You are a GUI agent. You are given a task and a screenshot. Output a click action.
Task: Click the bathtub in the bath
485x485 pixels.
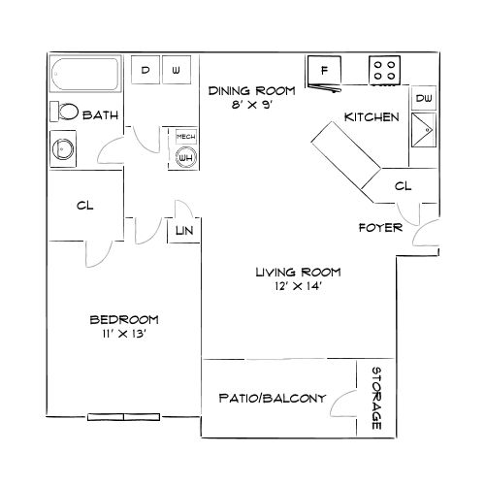pos(84,75)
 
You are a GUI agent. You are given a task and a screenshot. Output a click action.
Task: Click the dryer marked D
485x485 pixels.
pos(146,71)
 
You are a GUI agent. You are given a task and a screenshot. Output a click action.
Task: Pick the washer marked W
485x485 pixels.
pos(177,71)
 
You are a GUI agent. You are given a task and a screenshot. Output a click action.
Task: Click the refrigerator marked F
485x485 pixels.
pos(324,71)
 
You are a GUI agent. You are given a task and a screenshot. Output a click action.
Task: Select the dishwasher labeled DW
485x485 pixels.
pos(424,99)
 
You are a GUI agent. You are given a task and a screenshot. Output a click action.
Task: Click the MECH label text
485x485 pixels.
pos(184,137)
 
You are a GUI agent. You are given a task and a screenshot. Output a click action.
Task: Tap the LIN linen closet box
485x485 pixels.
pos(182,231)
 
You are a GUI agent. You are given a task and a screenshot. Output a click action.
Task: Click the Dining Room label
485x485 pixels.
pos(240,91)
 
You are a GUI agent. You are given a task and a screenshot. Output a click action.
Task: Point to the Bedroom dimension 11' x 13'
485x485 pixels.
pos(123,334)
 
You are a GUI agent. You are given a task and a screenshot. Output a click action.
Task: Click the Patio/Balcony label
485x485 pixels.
pos(266,398)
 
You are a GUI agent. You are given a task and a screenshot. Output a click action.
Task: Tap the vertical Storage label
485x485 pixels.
pos(375,398)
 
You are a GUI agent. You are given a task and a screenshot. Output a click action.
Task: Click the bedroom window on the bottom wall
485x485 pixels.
pos(124,418)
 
